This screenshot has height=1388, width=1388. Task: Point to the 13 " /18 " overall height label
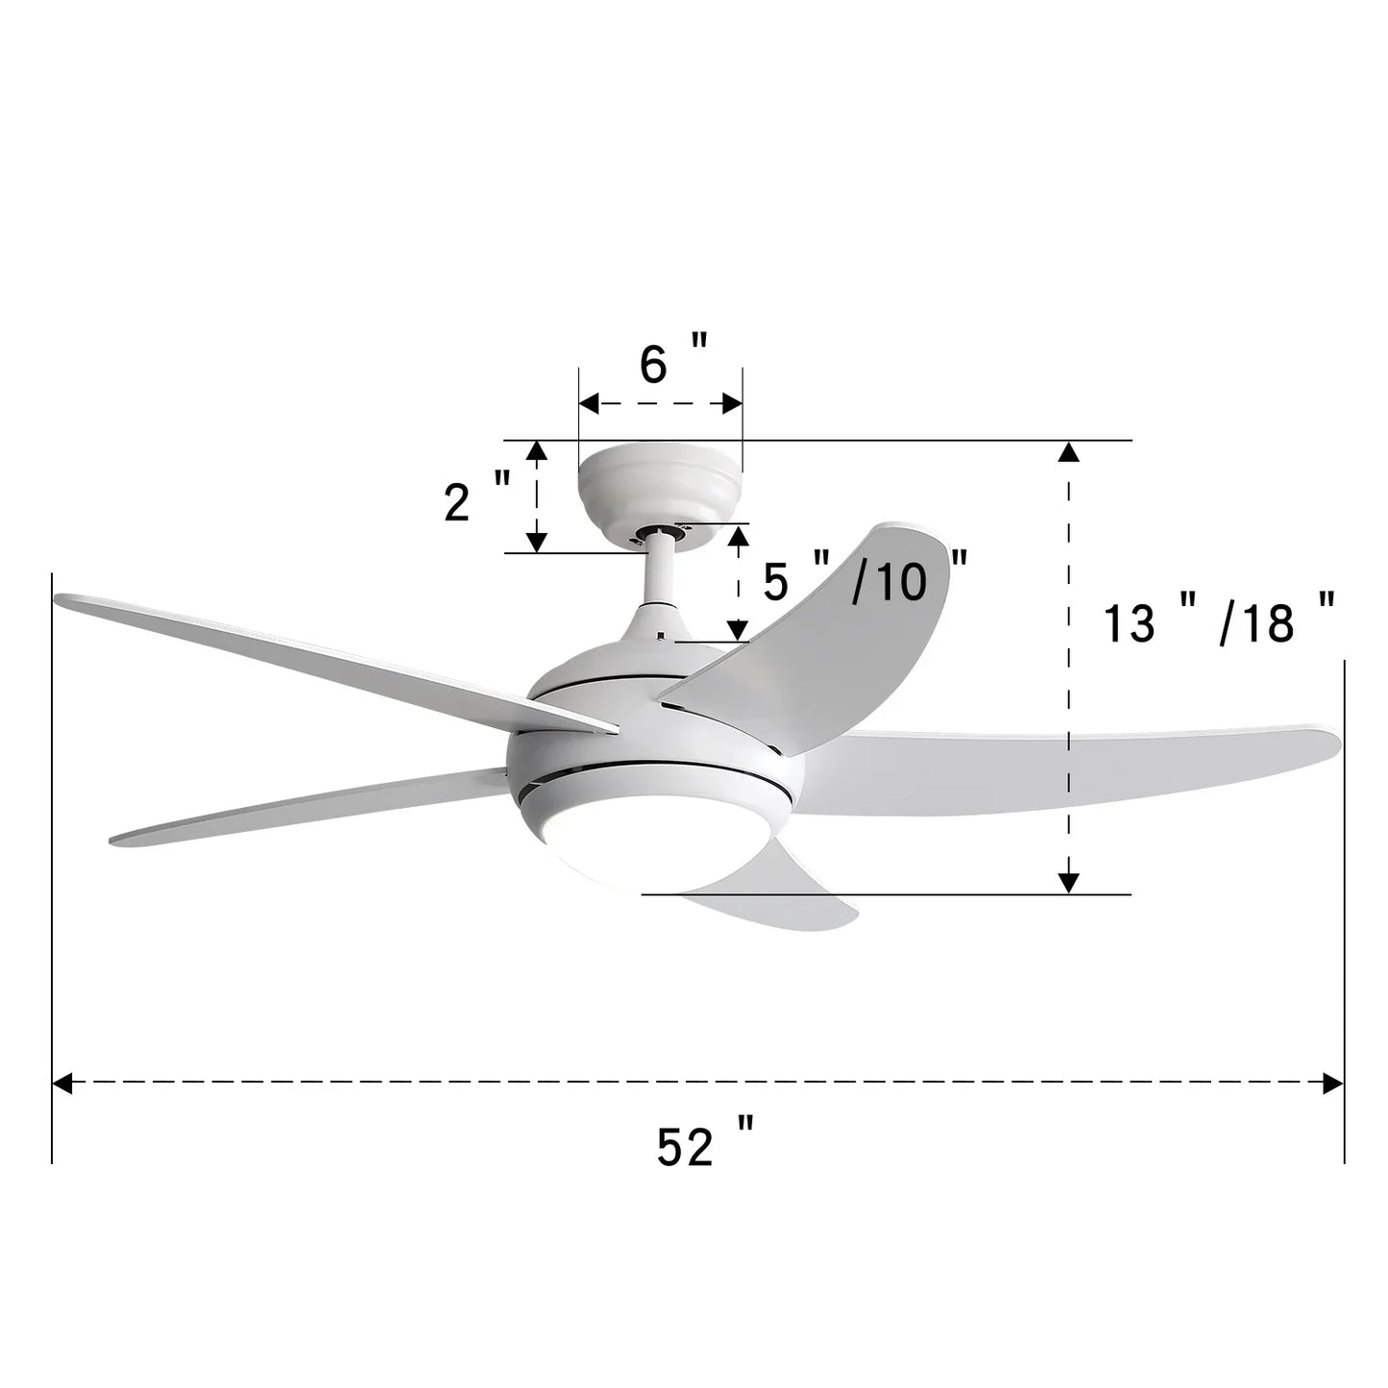(x=1218, y=622)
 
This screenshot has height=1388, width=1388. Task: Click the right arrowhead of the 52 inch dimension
(x=1332, y=1084)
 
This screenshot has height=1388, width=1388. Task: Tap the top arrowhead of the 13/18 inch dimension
(x=1068, y=452)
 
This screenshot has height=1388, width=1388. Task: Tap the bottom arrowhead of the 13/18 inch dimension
(x=1068, y=882)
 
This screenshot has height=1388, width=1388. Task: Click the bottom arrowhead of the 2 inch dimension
(x=536, y=542)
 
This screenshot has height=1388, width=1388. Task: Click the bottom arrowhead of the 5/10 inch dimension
(x=738, y=630)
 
